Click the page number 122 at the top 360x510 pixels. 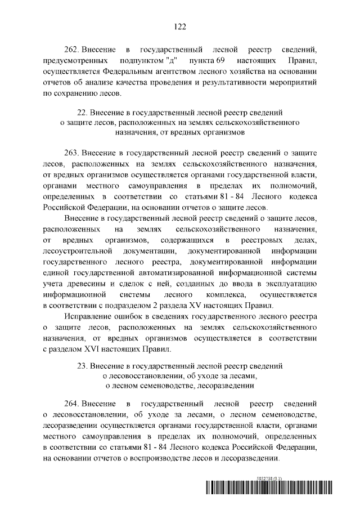tap(180, 25)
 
